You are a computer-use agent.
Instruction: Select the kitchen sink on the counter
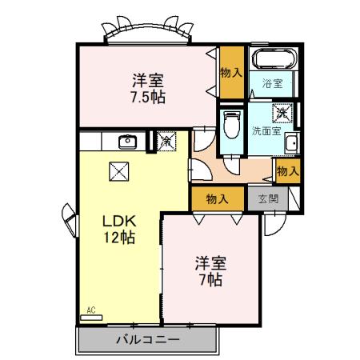click(127, 142)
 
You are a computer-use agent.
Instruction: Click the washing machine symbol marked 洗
click(282, 114)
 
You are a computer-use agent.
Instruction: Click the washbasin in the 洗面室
click(292, 144)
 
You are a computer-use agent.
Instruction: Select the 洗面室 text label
click(266, 131)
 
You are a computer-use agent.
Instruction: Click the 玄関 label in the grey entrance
click(268, 198)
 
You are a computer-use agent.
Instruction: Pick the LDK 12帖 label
click(117, 227)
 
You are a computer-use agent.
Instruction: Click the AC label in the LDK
click(90, 309)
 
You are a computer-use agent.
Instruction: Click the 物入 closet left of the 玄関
click(218, 198)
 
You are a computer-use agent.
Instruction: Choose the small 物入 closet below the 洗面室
click(287, 170)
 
